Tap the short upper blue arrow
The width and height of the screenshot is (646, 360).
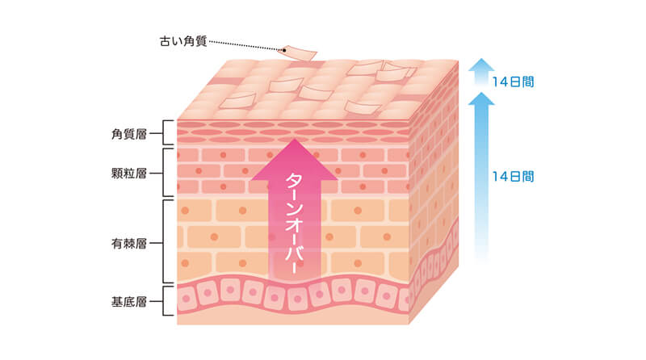coord(482,73)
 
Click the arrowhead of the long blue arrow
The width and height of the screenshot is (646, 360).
coord(482,100)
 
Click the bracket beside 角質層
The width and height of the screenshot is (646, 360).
coord(167,133)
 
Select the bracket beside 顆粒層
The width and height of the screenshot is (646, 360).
coord(167,172)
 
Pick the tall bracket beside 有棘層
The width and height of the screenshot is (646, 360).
coord(167,241)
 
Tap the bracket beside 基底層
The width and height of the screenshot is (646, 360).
coord(167,304)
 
